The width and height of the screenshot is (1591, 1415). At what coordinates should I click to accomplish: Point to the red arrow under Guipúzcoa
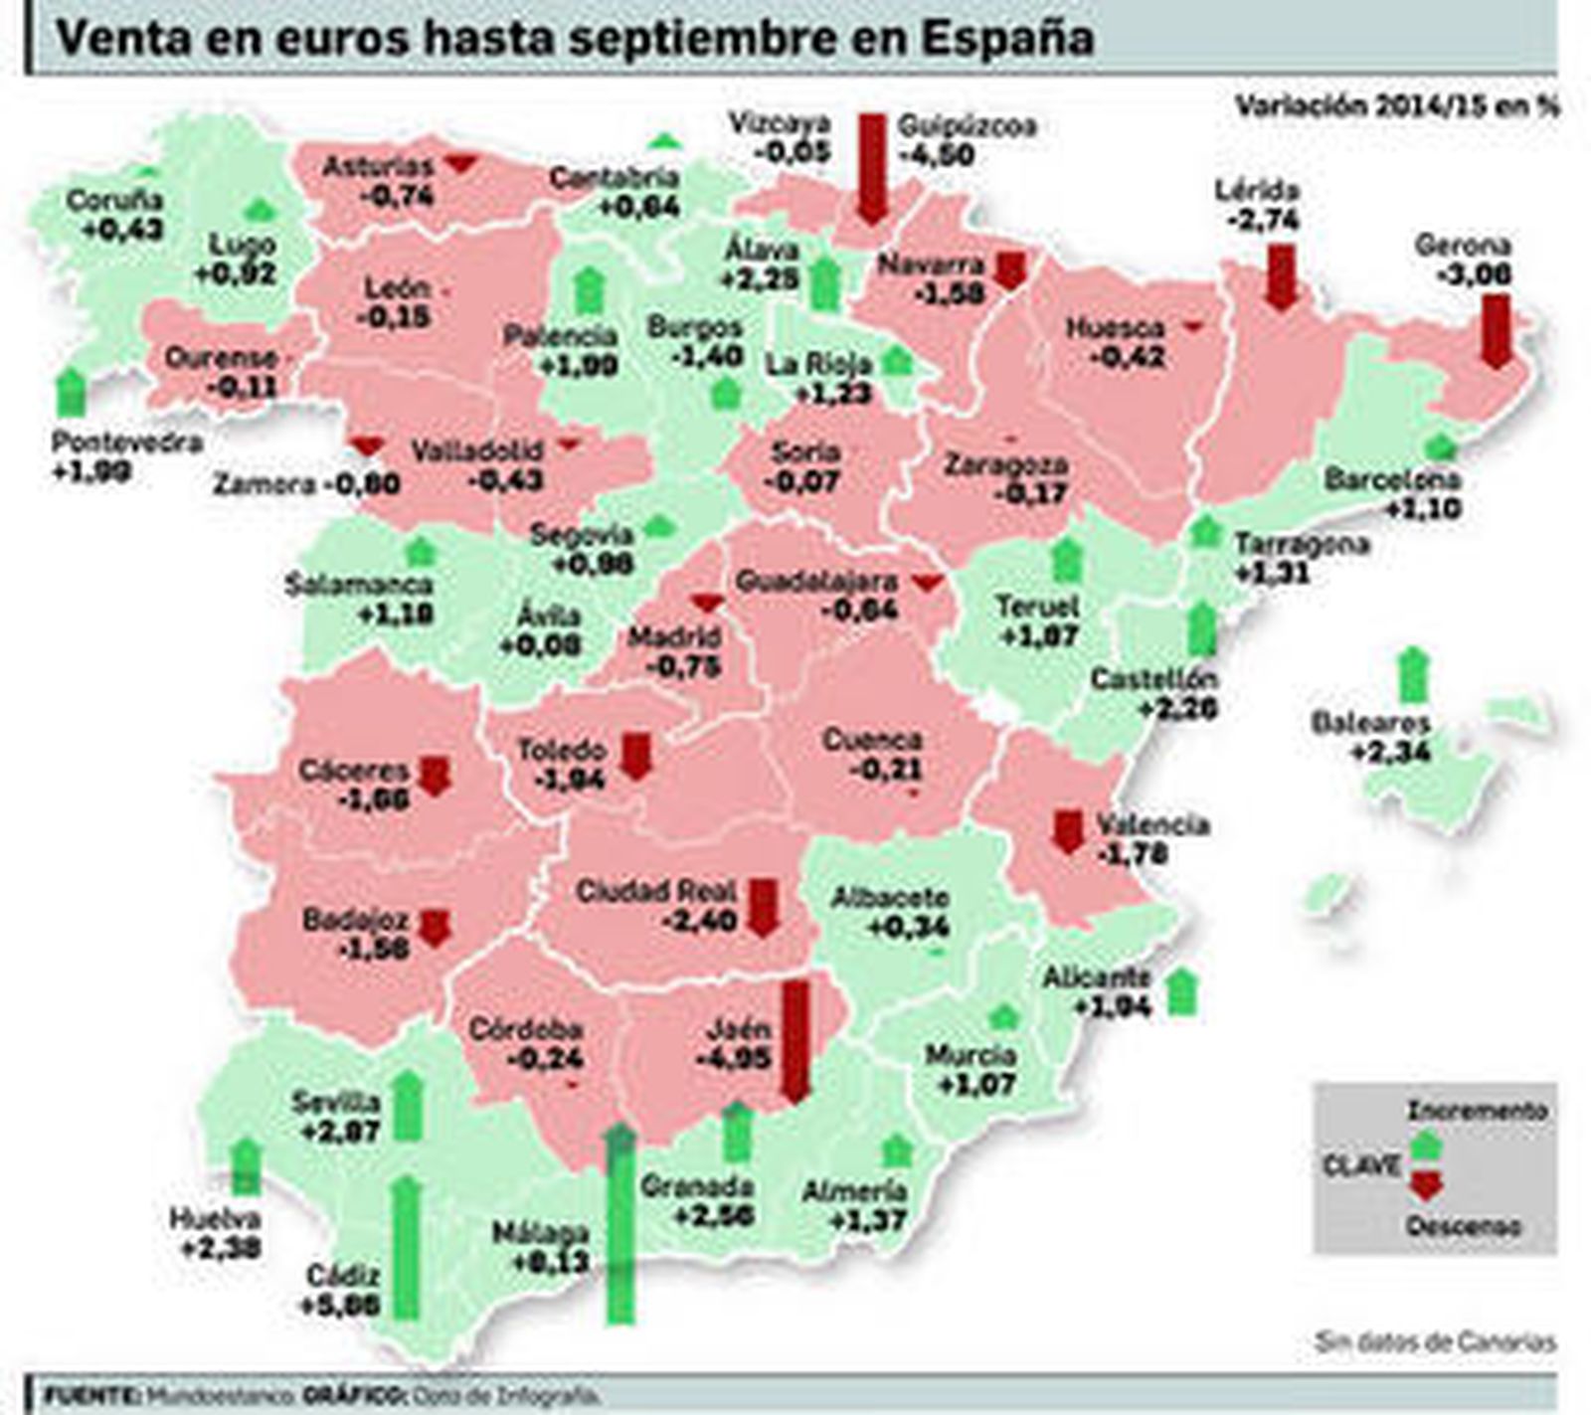click(x=872, y=169)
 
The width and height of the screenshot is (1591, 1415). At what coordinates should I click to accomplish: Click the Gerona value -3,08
click(x=1464, y=273)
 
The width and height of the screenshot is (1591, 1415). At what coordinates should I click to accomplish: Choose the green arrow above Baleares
click(x=1411, y=674)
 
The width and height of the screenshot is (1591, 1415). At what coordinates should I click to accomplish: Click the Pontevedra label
click(x=126, y=442)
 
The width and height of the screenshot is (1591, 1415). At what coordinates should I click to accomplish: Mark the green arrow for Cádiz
click(x=406, y=1247)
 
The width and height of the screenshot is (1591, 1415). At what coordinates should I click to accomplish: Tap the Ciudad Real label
click(x=655, y=890)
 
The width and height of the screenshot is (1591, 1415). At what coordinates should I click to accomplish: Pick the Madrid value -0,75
click(x=683, y=666)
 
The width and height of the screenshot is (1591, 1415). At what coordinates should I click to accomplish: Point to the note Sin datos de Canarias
click(x=1435, y=1341)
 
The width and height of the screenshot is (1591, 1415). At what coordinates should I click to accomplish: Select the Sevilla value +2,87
click(x=339, y=1132)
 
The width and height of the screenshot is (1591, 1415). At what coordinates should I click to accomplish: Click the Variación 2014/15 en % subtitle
click(x=1397, y=106)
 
